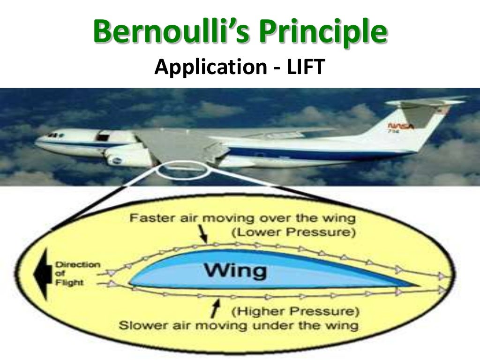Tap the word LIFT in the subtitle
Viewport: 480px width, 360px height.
pyautogui.click(x=305, y=68)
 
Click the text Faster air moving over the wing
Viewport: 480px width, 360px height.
pyautogui.click(x=242, y=218)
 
